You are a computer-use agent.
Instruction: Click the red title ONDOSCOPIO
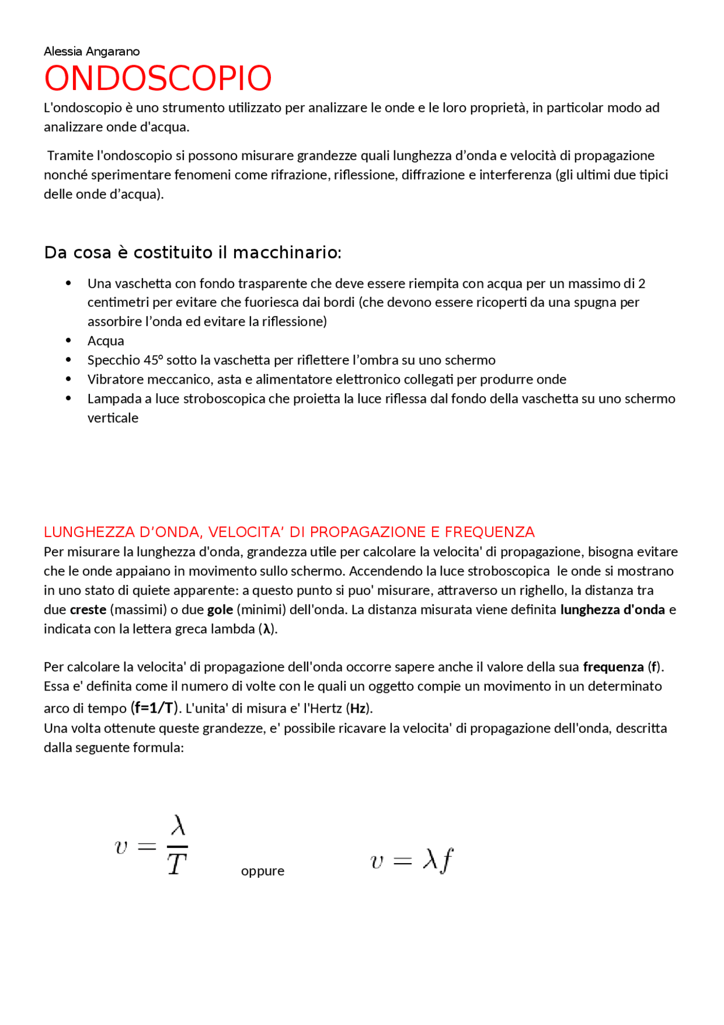point(158,78)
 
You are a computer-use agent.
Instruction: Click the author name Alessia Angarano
point(92,52)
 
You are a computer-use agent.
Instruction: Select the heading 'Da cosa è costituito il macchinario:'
point(192,252)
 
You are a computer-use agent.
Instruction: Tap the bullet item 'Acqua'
point(106,341)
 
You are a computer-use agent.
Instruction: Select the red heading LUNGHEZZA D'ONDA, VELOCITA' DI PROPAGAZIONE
point(288,532)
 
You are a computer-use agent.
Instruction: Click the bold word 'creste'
point(88,610)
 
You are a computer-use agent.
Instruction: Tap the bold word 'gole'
point(220,610)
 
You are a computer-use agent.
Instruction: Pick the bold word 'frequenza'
point(613,667)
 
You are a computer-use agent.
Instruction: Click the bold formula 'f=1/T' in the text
point(154,707)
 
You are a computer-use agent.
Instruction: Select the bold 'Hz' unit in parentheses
point(357,709)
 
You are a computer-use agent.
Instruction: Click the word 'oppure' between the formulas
point(262,871)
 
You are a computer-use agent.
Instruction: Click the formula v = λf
point(411,861)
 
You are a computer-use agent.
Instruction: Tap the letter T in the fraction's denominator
point(177,865)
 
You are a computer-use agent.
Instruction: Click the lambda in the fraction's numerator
point(178,826)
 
